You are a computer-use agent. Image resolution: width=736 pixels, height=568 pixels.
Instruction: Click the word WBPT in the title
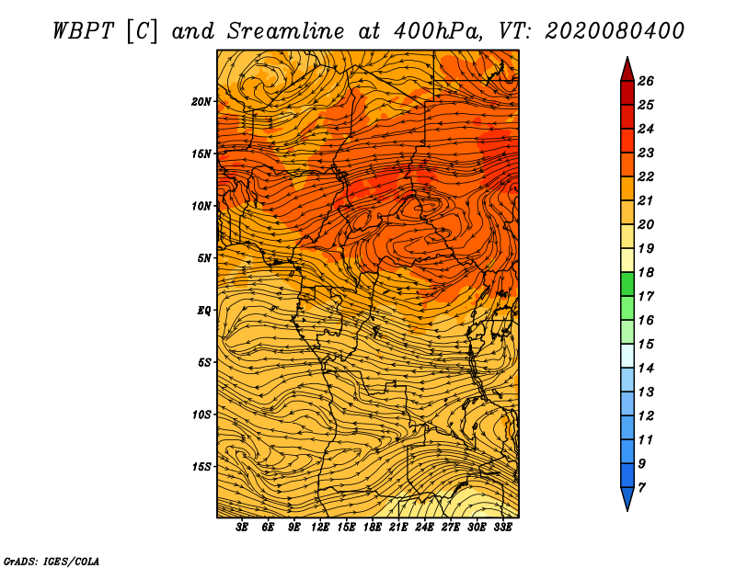[x=83, y=31]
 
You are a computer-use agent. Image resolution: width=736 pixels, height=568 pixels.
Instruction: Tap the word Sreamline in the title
[x=286, y=31]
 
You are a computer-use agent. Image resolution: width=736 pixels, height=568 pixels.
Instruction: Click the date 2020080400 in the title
[x=615, y=31]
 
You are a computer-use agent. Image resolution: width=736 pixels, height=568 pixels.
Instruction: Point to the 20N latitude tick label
[x=201, y=102]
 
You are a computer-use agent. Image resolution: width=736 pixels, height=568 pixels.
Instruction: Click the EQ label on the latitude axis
[x=204, y=311]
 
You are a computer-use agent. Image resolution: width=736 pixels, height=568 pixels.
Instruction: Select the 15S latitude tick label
[x=201, y=467]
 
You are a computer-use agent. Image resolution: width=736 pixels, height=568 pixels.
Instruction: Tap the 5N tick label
[x=204, y=258]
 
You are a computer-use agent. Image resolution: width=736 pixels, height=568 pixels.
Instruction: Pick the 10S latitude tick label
[x=201, y=415]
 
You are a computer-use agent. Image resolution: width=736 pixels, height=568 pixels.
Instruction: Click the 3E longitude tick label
[x=242, y=528]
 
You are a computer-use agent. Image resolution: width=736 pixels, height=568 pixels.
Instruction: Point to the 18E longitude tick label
[x=373, y=528]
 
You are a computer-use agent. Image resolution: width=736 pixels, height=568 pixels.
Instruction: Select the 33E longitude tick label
[x=502, y=528]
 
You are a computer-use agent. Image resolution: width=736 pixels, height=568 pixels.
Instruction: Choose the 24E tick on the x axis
[x=424, y=528]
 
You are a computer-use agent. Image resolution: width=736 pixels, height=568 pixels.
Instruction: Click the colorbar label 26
[x=646, y=81]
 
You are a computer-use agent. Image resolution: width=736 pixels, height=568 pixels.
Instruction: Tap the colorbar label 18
[x=646, y=272]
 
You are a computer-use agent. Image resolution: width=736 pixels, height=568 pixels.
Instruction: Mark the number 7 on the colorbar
[x=641, y=488]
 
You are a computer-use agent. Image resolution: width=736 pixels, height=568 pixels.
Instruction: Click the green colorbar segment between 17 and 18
[x=627, y=284]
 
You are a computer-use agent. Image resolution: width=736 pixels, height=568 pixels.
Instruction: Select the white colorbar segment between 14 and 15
[x=627, y=356]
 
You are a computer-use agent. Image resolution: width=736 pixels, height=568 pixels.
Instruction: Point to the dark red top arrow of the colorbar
[x=627, y=70]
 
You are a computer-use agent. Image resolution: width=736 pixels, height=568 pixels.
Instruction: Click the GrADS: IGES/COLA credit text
[x=52, y=561]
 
